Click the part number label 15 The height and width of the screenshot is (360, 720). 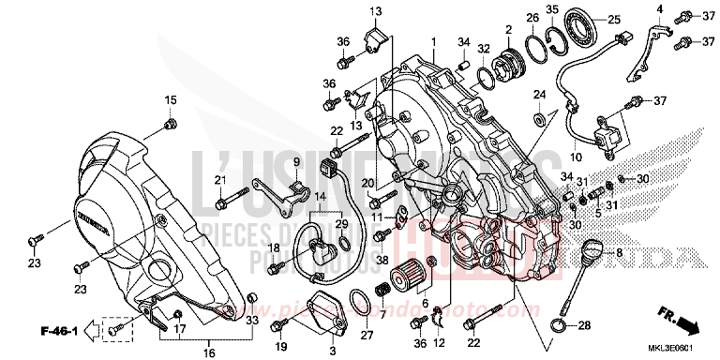tap(171, 100)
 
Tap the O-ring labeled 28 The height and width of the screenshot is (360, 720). tap(558, 325)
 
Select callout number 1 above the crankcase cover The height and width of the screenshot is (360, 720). tap(433, 43)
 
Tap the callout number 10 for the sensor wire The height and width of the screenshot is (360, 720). tap(577, 157)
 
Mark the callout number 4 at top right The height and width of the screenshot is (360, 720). tap(659, 10)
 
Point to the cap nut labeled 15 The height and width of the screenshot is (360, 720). tap(170, 123)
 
